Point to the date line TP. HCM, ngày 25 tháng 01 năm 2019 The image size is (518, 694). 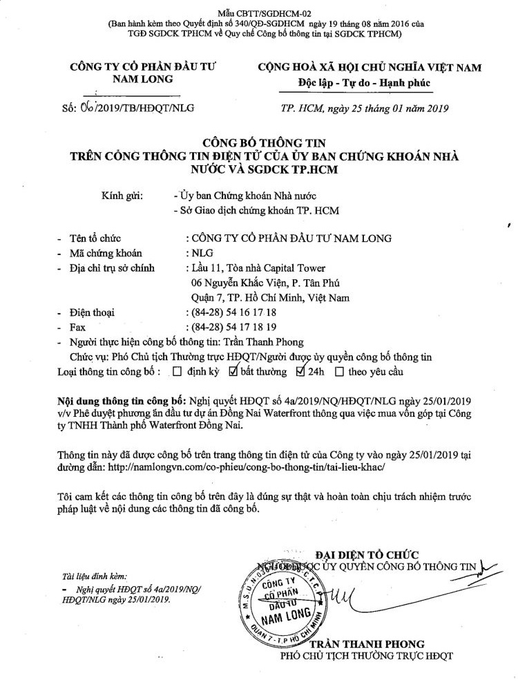tap(365, 108)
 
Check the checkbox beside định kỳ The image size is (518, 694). tap(178, 372)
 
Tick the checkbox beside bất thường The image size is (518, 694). tap(233, 372)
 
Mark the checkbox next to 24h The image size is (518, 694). tap(300, 372)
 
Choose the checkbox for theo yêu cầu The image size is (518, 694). tap(339, 372)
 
